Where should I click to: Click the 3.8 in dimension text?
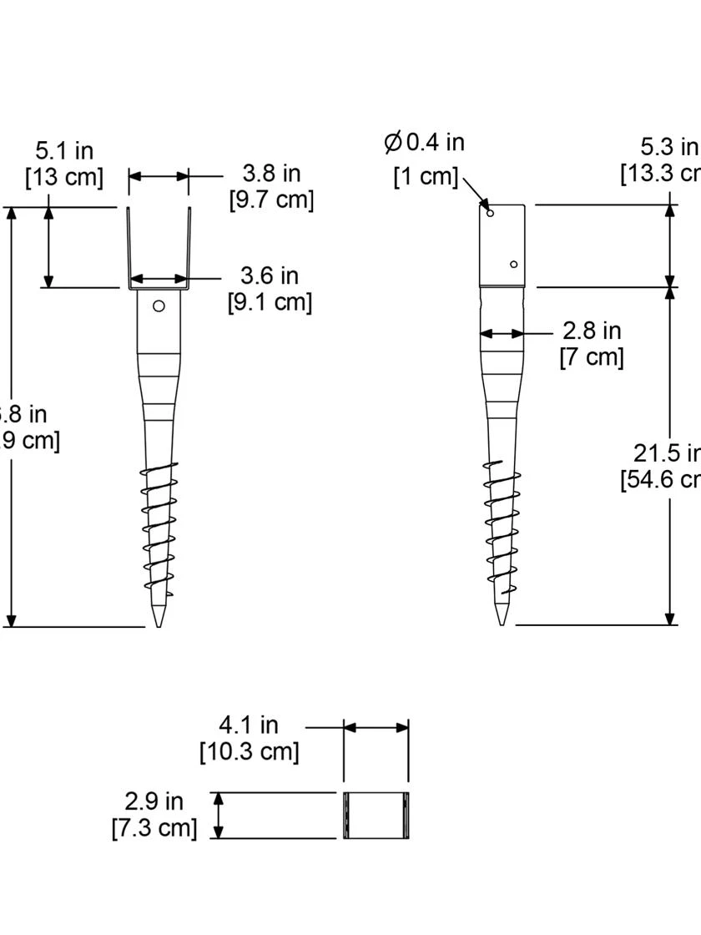click(271, 173)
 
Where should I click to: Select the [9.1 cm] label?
click(270, 301)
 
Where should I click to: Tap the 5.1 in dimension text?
click(64, 151)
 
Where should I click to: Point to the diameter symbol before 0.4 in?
click(393, 142)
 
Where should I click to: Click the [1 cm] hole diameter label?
click(426, 177)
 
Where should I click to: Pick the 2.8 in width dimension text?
click(592, 331)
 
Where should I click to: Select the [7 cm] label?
click(592, 357)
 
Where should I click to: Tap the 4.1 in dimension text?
click(249, 725)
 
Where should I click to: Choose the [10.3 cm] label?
click(249, 751)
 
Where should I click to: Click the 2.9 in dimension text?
click(154, 801)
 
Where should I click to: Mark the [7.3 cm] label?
click(154, 828)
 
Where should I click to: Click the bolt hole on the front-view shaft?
click(159, 306)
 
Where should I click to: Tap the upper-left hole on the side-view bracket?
click(491, 213)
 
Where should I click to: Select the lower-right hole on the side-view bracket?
click(513, 265)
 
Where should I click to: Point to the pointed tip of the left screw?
click(159, 623)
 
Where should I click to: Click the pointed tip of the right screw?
click(502, 621)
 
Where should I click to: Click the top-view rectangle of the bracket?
click(376, 816)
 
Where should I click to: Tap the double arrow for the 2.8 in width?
click(502, 333)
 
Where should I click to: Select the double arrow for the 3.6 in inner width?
click(159, 279)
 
